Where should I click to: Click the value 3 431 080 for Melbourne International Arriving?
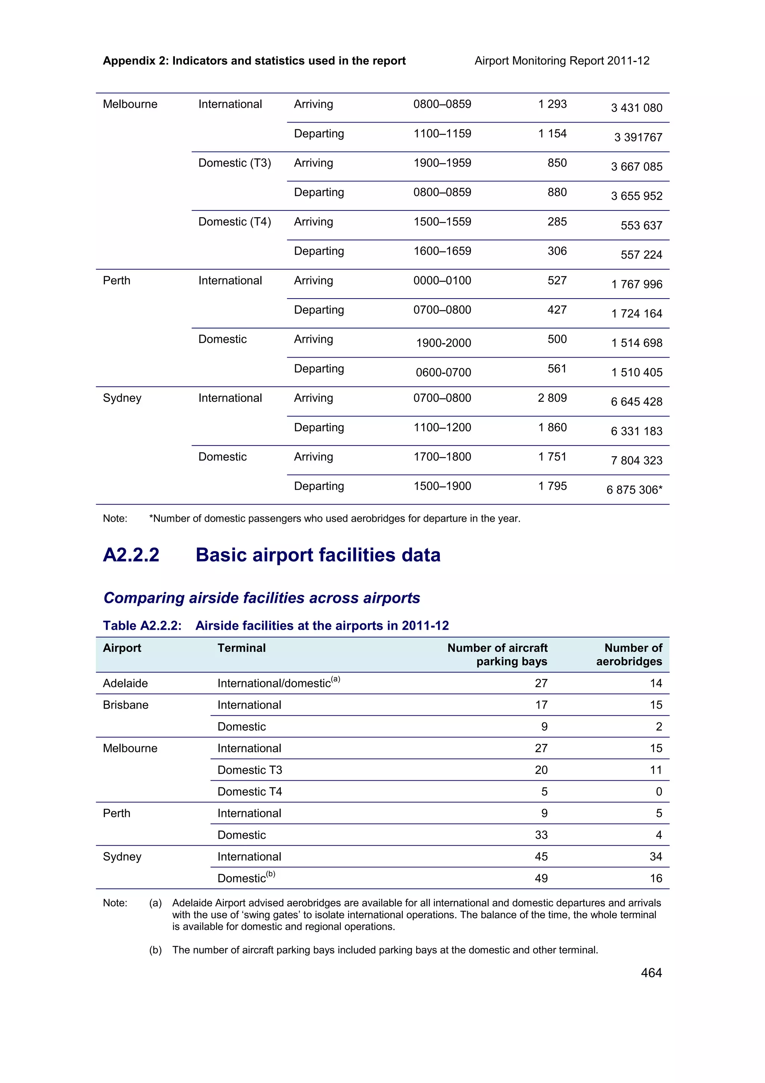(x=637, y=108)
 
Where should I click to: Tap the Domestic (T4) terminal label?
(x=234, y=222)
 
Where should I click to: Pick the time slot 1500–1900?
(x=442, y=486)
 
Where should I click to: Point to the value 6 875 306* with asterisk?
(x=634, y=490)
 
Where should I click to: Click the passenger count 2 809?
(x=552, y=398)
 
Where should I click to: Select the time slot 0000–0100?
(x=442, y=281)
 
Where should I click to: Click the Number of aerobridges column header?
(x=630, y=655)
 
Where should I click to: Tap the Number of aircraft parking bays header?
(x=498, y=655)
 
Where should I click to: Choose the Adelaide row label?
(x=126, y=684)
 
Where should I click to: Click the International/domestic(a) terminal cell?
(x=278, y=683)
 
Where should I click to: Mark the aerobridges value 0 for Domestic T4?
(x=659, y=792)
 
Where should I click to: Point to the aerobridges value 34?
(x=656, y=857)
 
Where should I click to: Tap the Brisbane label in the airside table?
(x=126, y=705)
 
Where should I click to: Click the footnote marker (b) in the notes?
(x=155, y=950)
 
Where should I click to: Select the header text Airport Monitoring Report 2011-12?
(x=562, y=61)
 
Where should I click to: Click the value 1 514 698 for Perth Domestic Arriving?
(x=637, y=343)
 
